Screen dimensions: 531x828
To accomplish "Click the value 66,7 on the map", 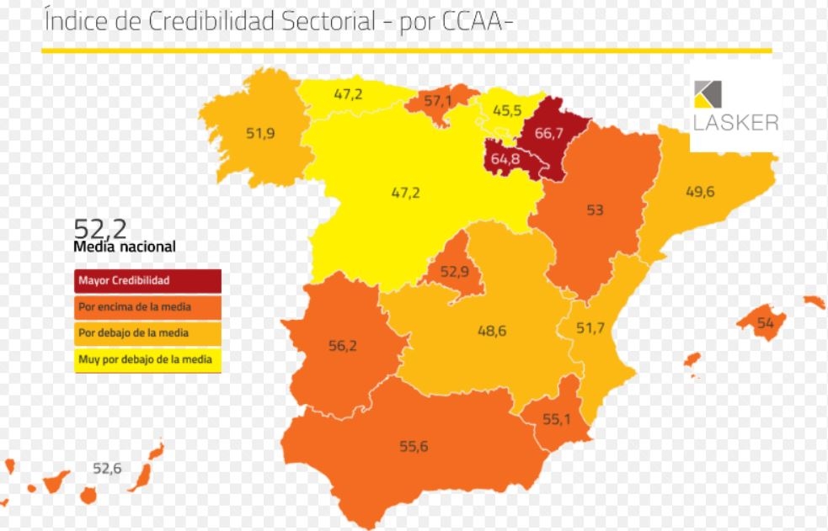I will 548,133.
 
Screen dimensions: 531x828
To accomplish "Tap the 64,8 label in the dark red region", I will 505,158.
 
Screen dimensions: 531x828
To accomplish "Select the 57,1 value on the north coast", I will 438,101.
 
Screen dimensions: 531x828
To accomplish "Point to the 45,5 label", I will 507,110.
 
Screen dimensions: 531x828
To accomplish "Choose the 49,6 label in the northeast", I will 699,192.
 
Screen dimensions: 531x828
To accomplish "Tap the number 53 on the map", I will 595,210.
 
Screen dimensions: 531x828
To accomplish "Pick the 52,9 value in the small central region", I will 454,272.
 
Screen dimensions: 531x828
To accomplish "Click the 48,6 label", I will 492,331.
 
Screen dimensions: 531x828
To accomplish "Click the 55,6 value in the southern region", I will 414,446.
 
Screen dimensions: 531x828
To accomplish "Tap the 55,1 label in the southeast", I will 557,418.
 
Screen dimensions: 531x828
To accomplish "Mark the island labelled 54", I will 765,323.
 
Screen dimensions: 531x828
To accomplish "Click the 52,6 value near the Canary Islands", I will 107,468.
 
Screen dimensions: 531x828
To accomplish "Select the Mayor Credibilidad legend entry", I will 147,280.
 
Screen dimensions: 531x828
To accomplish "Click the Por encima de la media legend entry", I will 147,307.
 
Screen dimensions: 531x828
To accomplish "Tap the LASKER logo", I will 735,106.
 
